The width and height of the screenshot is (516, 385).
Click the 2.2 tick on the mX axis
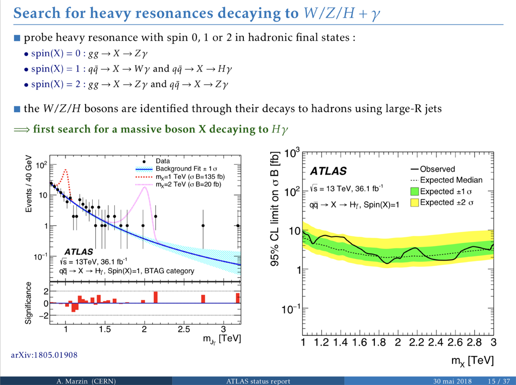click(x=416, y=343)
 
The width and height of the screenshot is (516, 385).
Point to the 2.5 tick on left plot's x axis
click(x=183, y=330)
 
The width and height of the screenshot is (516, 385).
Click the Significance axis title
click(x=29, y=302)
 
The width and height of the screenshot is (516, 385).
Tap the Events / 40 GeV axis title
click(x=29, y=184)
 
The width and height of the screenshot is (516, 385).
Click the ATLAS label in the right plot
click(x=328, y=171)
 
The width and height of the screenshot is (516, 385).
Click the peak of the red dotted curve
click(x=64, y=170)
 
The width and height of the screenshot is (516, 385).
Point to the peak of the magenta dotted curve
click(x=147, y=185)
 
